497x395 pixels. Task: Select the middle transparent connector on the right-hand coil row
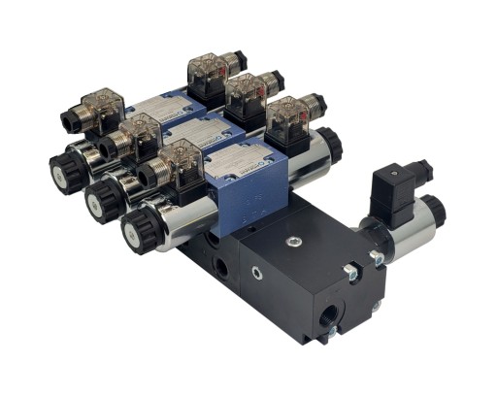[246, 95]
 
